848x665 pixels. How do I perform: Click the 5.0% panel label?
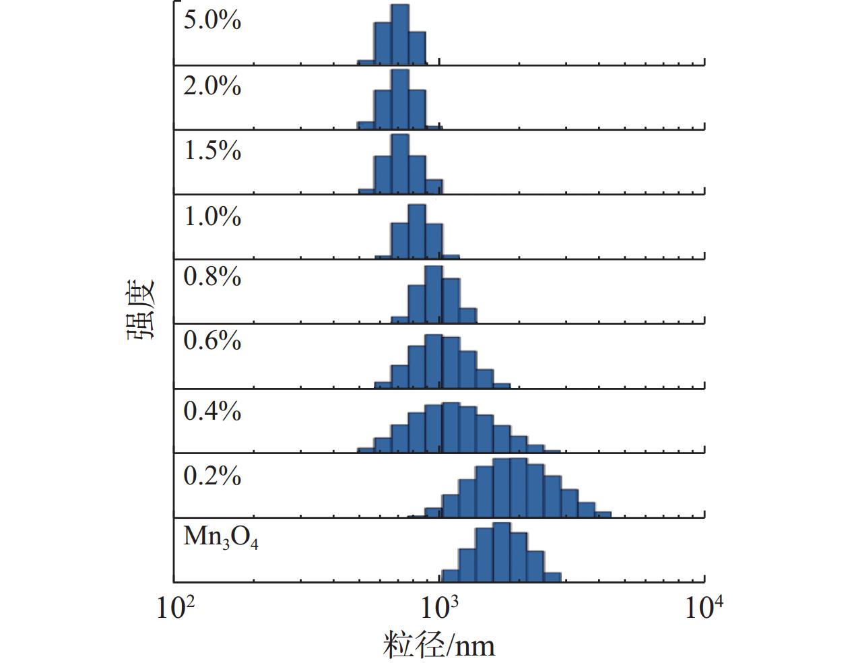(212, 20)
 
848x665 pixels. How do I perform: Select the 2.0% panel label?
(212, 86)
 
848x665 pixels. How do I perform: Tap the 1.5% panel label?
(212, 151)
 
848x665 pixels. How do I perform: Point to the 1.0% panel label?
(212, 217)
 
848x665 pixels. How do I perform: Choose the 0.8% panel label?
(212, 276)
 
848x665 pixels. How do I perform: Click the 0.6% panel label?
(212, 341)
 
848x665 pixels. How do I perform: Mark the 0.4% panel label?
(212, 411)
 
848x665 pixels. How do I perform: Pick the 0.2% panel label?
(212, 476)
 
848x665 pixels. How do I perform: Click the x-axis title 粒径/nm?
(439, 645)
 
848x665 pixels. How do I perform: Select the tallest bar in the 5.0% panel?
(400, 35)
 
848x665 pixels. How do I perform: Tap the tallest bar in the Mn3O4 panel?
(502, 552)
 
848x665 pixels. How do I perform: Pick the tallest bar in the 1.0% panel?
(417, 231)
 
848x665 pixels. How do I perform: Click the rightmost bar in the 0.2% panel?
(603, 515)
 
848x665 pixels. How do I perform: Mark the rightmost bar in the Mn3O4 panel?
(552, 577)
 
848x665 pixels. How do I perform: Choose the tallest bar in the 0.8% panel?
(434, 294)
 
